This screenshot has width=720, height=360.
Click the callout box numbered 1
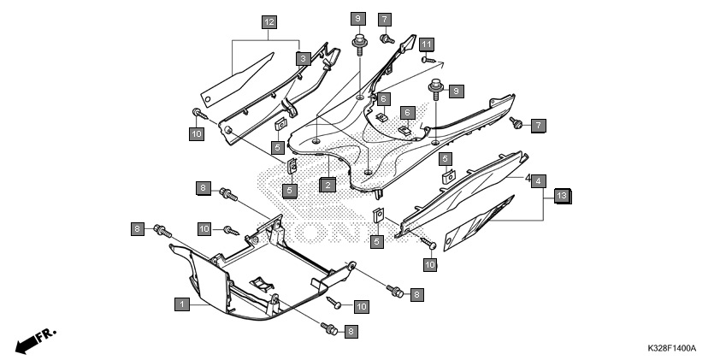click(x=182, y=304)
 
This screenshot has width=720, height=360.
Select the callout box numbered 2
click(x=327, y=185)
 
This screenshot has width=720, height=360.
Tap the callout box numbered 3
click(x=303, y=59)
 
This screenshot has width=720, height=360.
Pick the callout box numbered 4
click(x=539, y=181)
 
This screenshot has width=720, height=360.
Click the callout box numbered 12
click(x=269, y=21)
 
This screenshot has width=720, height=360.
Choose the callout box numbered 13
click(x=562, y=196)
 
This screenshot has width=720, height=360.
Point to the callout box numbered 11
click(x=427, y=44)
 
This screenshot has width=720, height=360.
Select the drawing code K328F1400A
click(x=672, y=348)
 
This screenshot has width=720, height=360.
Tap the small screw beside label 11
click(x=428, y=59)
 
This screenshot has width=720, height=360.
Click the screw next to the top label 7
click(x=387, y=39)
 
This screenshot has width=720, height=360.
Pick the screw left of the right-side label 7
click(x=517, y=122)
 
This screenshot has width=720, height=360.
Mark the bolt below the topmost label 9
click(x=358, y=45)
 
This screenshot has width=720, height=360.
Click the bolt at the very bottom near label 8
click(x=330, y=328)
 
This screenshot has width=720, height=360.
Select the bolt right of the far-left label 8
click(x=162, y=231)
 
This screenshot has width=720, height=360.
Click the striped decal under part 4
click(x=479, y=223)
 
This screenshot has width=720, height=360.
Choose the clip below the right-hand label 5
click(x=449, y=177)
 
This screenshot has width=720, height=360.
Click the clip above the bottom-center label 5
click(x=378, y=215)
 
